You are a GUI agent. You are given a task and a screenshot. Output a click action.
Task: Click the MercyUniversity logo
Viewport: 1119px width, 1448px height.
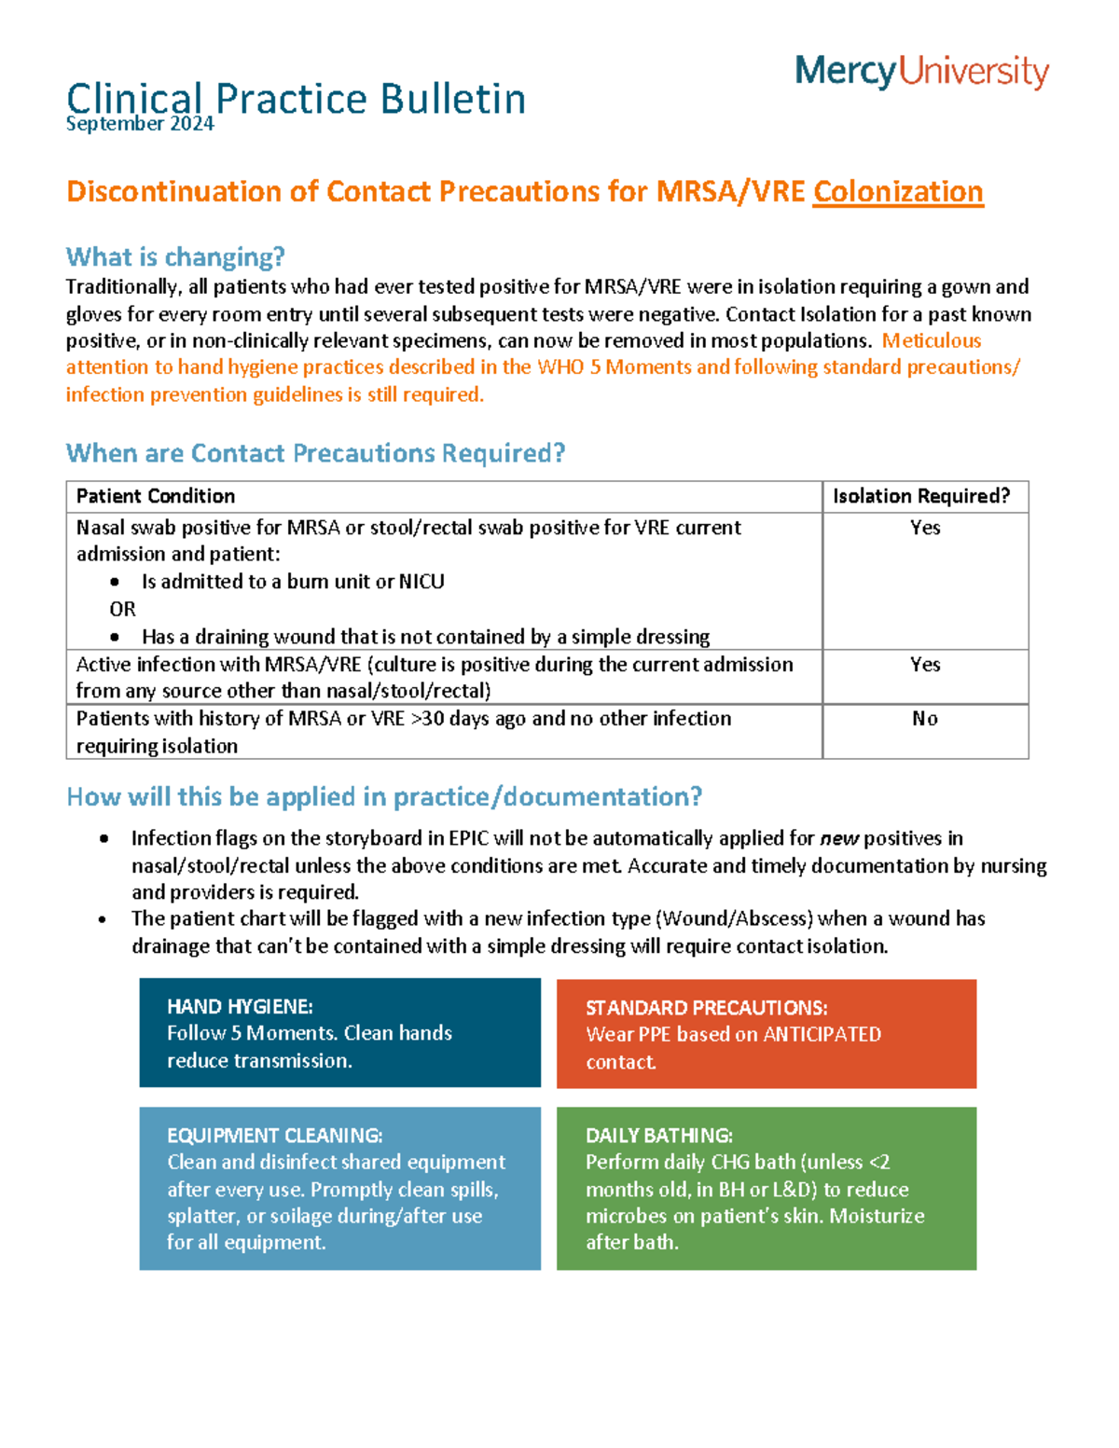click(921, 72)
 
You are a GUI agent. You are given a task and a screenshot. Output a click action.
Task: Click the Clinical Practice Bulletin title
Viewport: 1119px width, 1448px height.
click(296, 98)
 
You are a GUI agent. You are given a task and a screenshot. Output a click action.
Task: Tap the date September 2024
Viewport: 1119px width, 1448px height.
click(140, 124)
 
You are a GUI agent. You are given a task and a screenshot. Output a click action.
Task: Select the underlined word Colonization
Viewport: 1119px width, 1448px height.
click(897, 191)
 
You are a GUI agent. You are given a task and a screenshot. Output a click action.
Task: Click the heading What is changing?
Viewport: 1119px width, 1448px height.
click(175, 256)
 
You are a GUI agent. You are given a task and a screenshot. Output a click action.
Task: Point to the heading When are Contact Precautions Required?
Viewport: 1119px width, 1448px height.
click(315, 453)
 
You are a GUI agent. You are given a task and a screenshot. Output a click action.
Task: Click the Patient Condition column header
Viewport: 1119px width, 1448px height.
click(155, 496)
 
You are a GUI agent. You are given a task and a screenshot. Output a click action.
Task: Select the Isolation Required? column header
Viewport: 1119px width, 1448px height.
click(921, 496)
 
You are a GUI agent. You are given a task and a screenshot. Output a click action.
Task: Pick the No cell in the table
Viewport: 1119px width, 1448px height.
click(924, 719)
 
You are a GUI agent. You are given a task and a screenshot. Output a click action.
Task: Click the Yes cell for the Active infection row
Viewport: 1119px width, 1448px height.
click(924, 665)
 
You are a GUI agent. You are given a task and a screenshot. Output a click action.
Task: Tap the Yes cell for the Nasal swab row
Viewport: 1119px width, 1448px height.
click(924, 528)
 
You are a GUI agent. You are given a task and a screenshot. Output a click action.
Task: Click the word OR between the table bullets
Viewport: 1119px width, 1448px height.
click(122, 609)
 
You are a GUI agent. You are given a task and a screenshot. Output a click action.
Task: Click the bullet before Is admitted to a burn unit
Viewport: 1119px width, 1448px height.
click(115, 582)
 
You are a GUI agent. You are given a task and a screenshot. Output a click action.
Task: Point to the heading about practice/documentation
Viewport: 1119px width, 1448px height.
click(384, 797)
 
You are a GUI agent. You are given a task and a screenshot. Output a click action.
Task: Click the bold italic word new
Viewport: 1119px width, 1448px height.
click(839, 838)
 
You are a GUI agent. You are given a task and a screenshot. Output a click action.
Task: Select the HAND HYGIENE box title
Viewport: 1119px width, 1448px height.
click(240, 1006)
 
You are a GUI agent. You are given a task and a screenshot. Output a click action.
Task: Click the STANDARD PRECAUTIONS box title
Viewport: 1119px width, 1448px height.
click(706, 1008)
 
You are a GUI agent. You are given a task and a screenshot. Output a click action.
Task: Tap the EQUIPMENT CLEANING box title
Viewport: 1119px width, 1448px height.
click(274, 1136)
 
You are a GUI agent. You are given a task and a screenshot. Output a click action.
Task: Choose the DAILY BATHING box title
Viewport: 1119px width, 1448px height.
click(658, 1136)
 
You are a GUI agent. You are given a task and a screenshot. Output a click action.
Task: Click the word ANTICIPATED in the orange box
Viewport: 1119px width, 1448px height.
click(822, 1034)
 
